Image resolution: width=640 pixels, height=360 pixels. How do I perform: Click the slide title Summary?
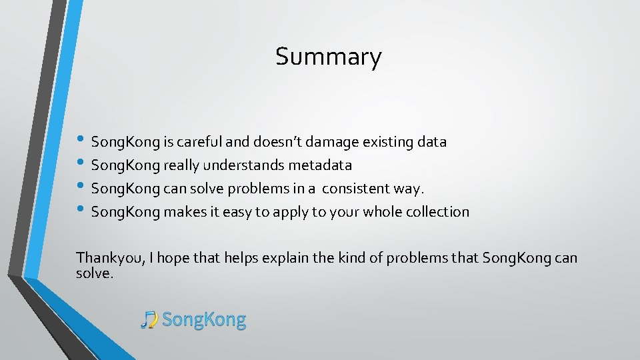click(x=329, y=57)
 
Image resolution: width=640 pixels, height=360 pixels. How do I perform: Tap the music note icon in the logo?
click(x=149, y=320)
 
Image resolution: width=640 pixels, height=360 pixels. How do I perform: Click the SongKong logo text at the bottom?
click(x=204, y=320)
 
